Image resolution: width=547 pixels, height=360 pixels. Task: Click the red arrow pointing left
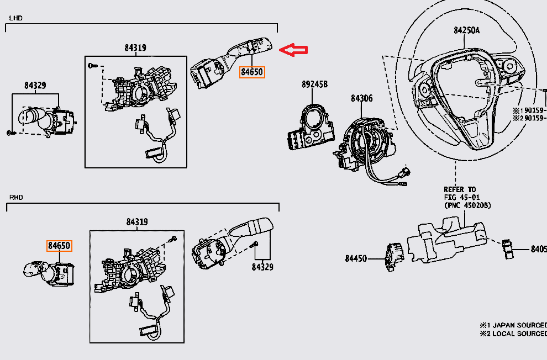[293, 50]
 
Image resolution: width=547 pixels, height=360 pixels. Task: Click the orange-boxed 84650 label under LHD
[252, 72]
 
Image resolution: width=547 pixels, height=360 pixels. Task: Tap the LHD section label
[15, 18]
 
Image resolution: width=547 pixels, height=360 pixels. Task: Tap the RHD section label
[15, 197]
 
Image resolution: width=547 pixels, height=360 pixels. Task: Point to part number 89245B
[314, 84]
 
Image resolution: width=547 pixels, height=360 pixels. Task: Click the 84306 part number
[361, 99]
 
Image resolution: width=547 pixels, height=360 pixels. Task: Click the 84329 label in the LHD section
[35, 86]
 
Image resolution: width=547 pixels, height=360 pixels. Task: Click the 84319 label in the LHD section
[135, 48]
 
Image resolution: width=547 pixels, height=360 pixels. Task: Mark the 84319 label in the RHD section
[138, 222]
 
